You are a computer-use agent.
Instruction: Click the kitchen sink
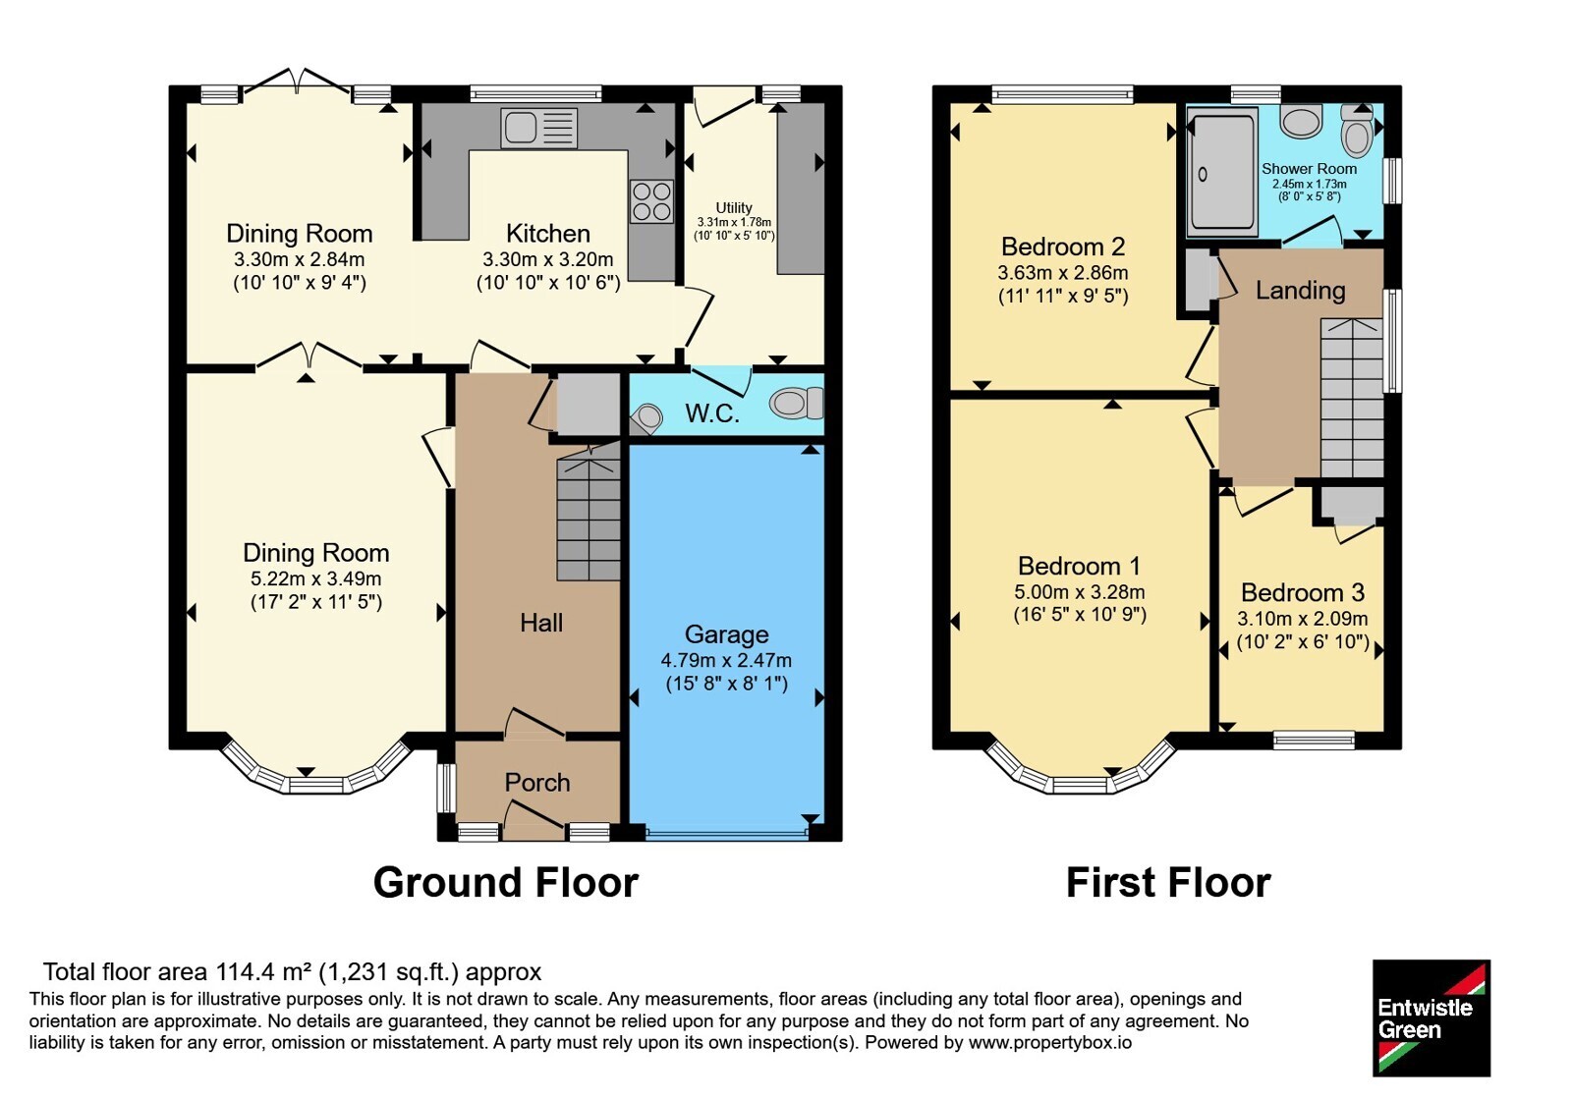tap(539, 128)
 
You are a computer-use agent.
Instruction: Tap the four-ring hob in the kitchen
tap(651, 201)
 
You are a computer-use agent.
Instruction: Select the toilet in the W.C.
tap(796, 404)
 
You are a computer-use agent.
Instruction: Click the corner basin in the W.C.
tap(646, 419)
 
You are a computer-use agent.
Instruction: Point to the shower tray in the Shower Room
tap(1222, 173)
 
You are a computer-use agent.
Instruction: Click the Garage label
tap(726, 634)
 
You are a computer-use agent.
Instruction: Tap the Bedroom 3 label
tap(1303, 593)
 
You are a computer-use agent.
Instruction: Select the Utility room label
tap(734, 207)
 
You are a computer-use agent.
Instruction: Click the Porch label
tap(537, 782)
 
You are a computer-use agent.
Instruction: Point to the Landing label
tap(1301, 291)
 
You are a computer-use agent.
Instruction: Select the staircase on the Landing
tap(1352, 399)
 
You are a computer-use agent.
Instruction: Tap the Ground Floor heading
tap(506, 882)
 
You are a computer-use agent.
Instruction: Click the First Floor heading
tap(1168, 882)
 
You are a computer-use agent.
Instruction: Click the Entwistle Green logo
tap(1432, 1017)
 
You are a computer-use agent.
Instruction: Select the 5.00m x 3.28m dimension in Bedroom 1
tap(1080, 592)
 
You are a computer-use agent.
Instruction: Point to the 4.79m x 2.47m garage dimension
tap(726, 660)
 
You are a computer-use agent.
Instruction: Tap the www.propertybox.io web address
tap(1050, 1042)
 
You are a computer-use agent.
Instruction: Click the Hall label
tap(541, 623)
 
